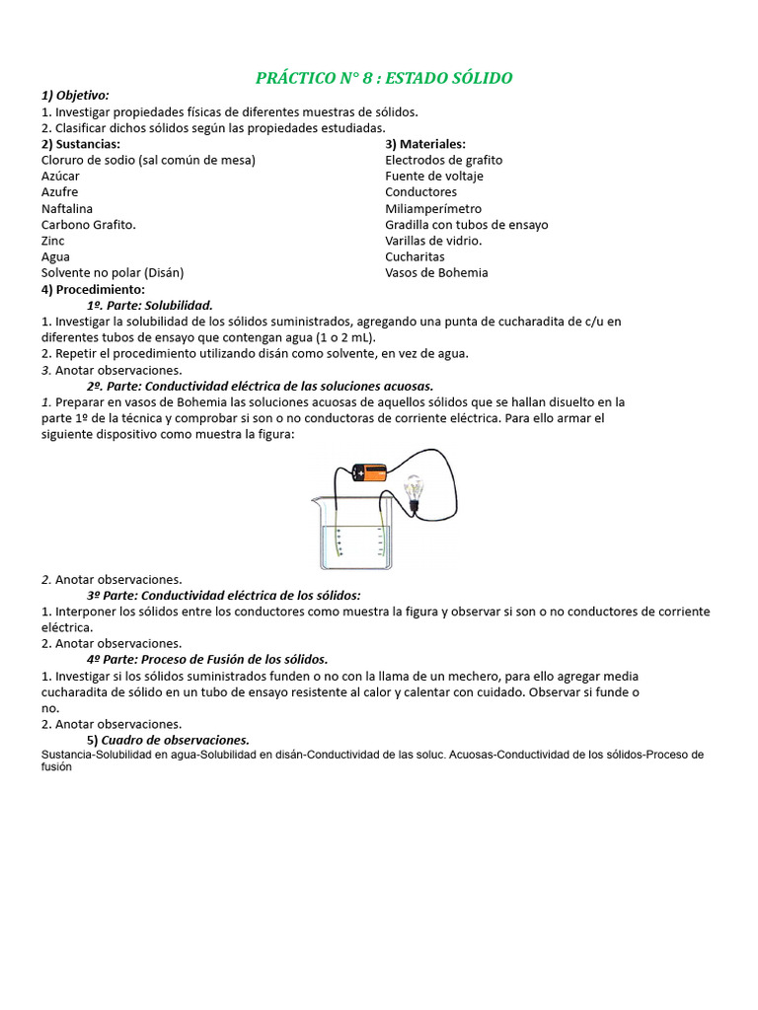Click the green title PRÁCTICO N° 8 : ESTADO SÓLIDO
pyautogui.click(x=384, y=78)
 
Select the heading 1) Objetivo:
pyautogui.click(x=75, y=96)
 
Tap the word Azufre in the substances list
pyautogui.click(x=60, y=192)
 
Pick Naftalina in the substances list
pyautogui.click(x=67, y=208)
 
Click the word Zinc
pyautogui.click(x=53, y=241)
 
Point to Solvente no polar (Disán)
pyautogui.click(x=113, y=273)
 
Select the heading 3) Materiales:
pyautogui.click(x=425, y=144)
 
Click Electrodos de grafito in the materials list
pyautogui.click(x=443, y=160)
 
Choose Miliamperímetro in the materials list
pyautogui.click(x=433, y=208)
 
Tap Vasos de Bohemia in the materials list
pyautogui.click(x=436, y=273)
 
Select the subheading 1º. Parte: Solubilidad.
pyautogui.click(x=149, y=306)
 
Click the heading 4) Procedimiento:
pyautogui.click(x=93, y=289)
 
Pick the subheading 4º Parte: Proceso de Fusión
pyautogui.click(x=207, y=659)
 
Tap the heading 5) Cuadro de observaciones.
pyautogui.click(x=168, y=740)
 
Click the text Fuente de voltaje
pyautogui.click(x=434, y=177)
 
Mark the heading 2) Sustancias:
pyautogui.click(x=81, y=144)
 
